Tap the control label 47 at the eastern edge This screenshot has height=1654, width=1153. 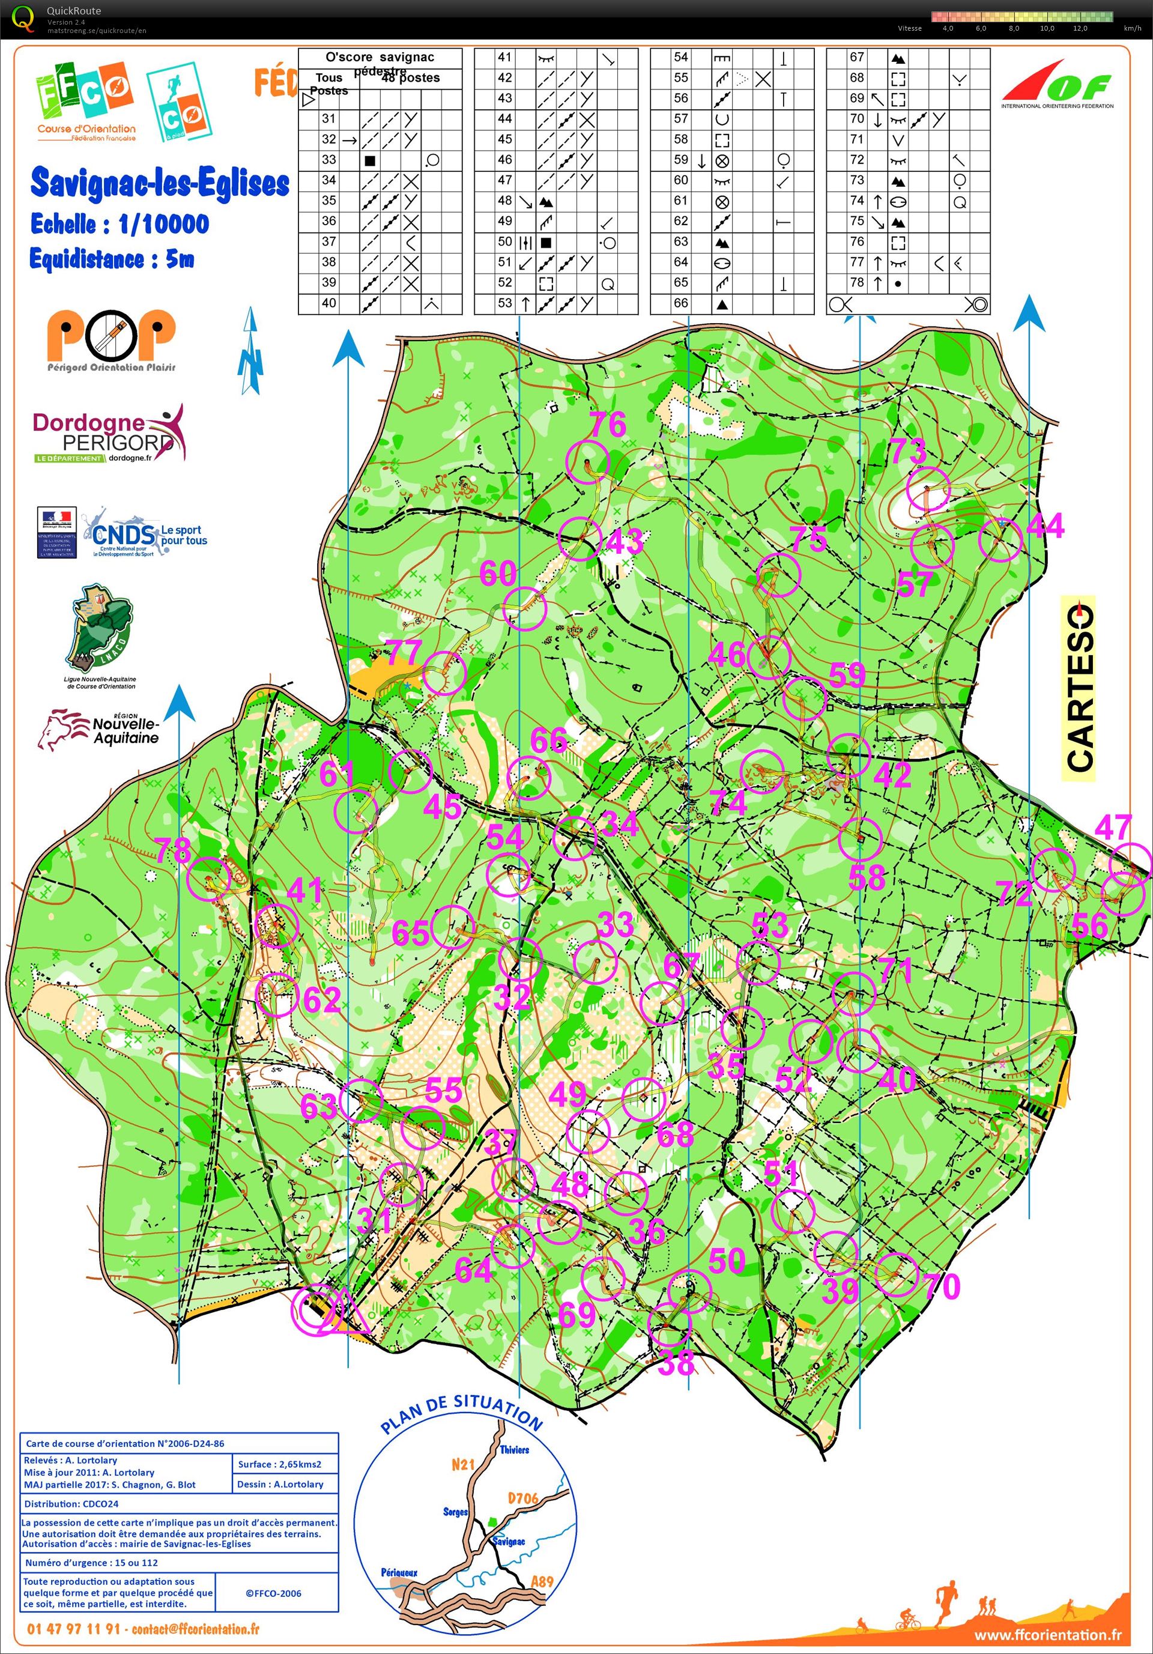[x=1113, y=827]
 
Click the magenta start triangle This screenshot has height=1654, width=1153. [x=344, y=1311]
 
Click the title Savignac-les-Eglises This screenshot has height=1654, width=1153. [x=160, y=183]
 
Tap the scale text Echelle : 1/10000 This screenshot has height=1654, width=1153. [x=120, y=225]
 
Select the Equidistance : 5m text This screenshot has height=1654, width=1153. [x=112, y=259]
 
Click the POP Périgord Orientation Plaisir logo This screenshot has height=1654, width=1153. [x=112, y=341]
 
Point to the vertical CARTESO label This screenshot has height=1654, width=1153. [x=1078, y=688]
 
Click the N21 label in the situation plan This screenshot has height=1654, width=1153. [x=463, y=1464]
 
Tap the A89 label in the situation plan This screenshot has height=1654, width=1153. [x=542, y=1581]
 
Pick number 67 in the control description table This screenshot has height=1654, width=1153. [x=856, y=57]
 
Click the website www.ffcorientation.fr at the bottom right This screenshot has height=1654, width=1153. [x=1047, y=1635]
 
